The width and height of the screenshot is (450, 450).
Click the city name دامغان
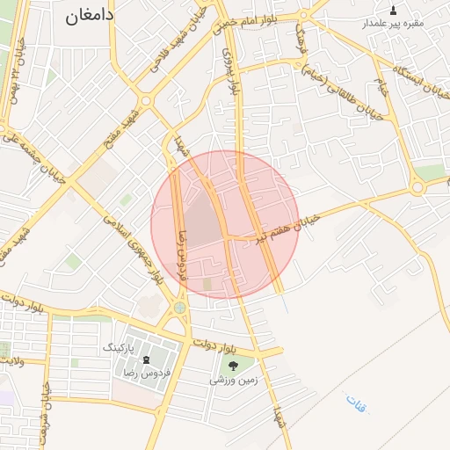click(x=90, y=15)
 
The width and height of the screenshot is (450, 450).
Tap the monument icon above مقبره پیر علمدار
click(x=393, y=10)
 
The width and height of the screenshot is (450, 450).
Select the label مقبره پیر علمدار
click(x=394, y=23)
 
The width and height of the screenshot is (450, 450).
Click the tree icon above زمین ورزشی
click(x=233, y=366)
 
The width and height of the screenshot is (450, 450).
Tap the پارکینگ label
click(x=120, y=348)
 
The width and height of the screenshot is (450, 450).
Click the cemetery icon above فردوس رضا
click(x=145, y=359)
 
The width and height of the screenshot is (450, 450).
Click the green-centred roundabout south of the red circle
click(x=180, y=308)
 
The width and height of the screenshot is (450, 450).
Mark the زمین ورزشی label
click(x=232, y=381)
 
